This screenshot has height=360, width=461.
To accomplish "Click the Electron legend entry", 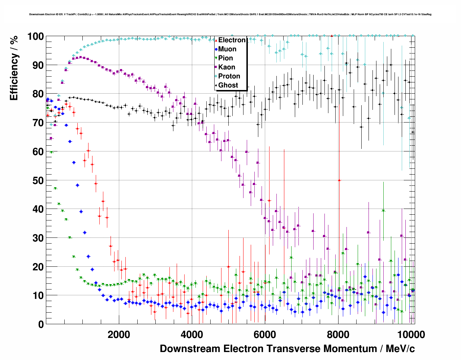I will coord(232,40).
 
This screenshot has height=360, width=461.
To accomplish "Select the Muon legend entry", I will coord(227,49).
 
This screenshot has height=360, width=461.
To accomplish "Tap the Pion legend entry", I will coord(225,58).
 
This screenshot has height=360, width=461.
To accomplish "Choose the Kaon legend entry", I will coord(227,67).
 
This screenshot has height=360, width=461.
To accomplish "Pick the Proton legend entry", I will coord(229,76).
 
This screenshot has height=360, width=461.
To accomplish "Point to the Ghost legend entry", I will coord(228,85).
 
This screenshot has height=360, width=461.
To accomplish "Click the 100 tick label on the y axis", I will coord(35,37).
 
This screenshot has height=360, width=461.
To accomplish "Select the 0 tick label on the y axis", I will coord(41,324).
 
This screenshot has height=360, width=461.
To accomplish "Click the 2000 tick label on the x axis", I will coord(119,334).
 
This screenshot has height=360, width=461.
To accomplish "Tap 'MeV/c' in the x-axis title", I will coord(400,349).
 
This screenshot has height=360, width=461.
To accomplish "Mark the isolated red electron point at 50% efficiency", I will coord(339,180).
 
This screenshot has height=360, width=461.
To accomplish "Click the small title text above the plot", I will coord(230,14).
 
